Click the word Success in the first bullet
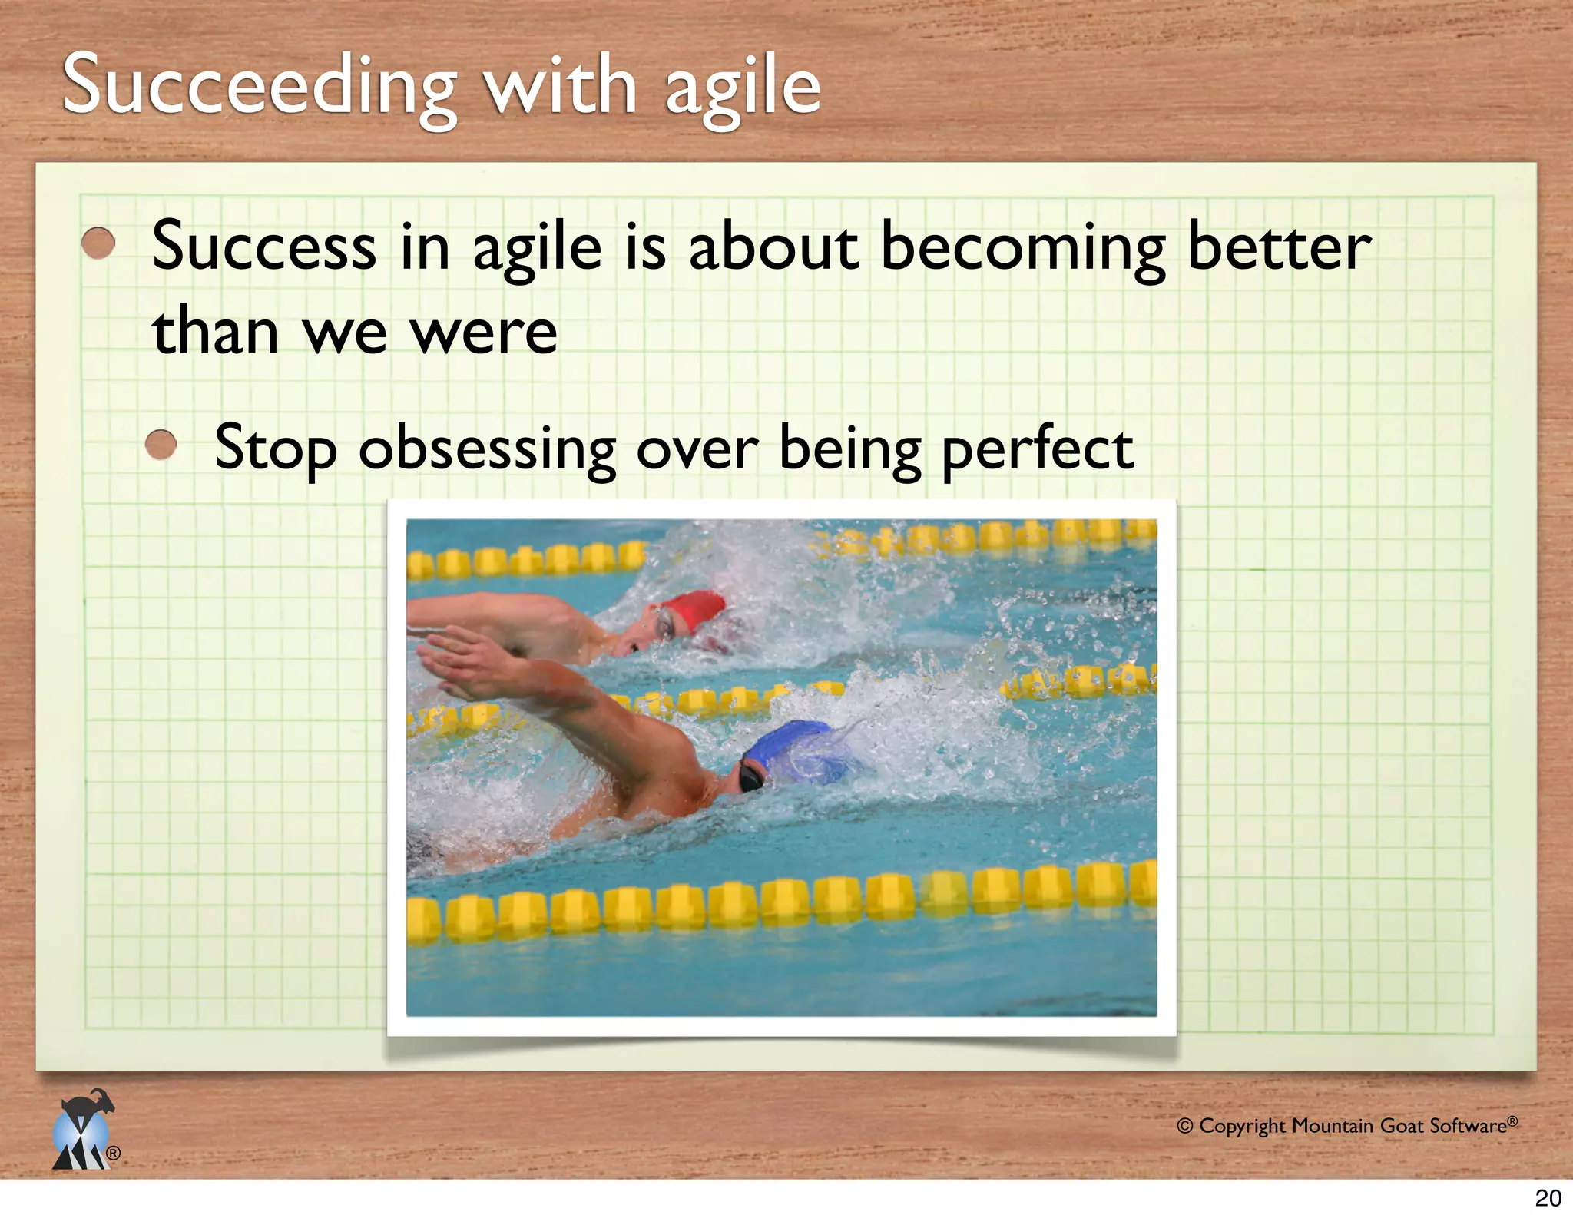(264, 247)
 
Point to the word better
(1279, 247)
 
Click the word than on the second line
(216, 333)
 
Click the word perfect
(1038, 449)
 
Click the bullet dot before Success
(98, 243)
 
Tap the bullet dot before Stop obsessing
(161, 444)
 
